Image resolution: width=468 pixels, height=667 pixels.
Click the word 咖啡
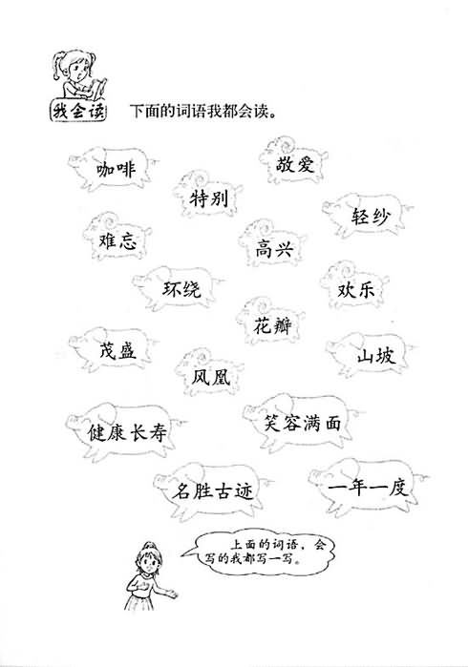(116, 169)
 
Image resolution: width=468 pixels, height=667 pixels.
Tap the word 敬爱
(295, 165)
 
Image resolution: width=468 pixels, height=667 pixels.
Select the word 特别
(208, 198)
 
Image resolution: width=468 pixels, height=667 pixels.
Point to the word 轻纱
(370, 217)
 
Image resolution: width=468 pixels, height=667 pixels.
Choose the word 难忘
(117, 240)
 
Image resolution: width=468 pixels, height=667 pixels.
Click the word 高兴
(275, 249)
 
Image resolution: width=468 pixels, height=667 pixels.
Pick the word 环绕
(181, 289)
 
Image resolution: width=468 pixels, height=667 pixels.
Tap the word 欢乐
(356, 290)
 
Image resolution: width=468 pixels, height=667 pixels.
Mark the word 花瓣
(272, 325)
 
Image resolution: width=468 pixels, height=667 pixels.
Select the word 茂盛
(117, 351)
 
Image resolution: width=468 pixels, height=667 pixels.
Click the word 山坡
(376, 356)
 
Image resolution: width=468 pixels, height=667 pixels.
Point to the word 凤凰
(211, 377)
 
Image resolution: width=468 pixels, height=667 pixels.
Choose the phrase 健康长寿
(127, 432)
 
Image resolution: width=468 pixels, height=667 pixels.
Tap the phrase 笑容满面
(303, 424)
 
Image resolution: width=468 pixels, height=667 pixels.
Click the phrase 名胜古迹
(212, 491)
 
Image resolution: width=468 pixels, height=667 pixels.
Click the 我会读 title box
(78, 112)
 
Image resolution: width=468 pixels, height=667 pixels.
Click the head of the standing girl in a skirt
(148, 557)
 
